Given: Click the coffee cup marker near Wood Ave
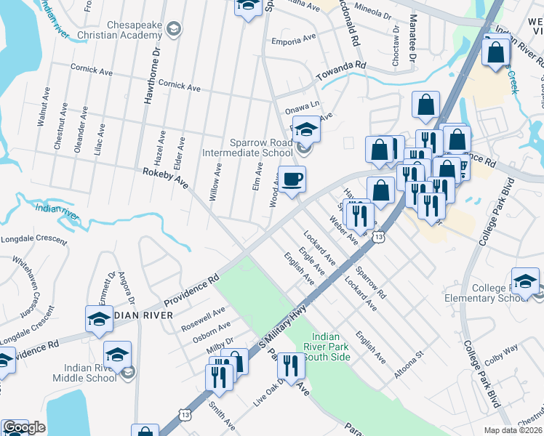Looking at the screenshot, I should coord(292,179).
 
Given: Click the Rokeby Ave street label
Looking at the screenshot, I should coord(165,178).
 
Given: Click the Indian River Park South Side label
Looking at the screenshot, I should coord(330,346).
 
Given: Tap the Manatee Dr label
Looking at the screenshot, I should coord(413,40).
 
